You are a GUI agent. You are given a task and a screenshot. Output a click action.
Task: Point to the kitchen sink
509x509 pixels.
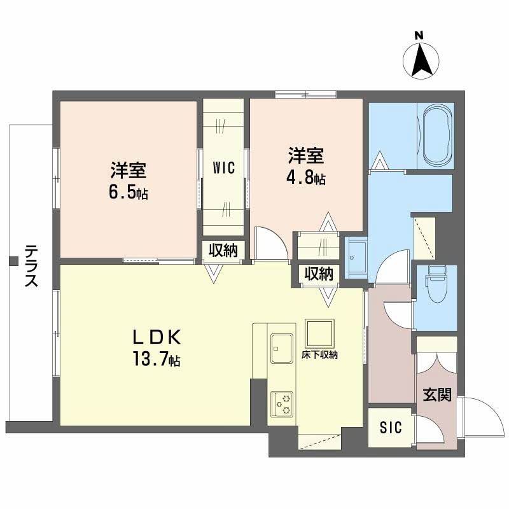click(281, 344)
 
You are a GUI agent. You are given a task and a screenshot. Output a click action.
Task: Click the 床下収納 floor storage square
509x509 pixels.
click(318, 331)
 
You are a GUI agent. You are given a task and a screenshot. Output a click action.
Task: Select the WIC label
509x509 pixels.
click(223, 168)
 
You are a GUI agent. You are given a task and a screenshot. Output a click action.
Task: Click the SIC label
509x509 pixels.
click(391, 428)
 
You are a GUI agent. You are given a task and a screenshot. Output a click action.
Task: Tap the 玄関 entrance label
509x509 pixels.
click(437, 395)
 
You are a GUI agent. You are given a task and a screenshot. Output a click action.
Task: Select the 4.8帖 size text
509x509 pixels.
click(307, 178)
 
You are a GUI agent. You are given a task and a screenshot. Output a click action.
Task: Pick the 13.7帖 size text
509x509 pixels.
click(158, 361)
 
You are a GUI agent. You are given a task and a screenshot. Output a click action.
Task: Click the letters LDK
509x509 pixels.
click(157, 336)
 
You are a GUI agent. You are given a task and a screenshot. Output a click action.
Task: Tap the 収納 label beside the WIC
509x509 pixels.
click(223, 250)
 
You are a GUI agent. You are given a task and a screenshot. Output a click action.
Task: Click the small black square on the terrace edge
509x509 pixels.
click(12, 260)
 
